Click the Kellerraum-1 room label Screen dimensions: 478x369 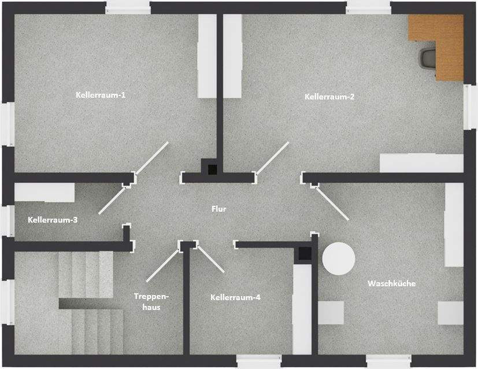[x=101, y=94]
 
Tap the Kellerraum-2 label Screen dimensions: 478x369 [x=329, y=97]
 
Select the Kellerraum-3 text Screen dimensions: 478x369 [x=52, y=220]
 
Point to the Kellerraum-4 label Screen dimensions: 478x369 [x=235, y=297]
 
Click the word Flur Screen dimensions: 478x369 [x=218, y=209]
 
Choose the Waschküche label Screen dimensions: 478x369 [x=391, y=283]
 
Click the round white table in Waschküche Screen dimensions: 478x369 [x=338, y=258]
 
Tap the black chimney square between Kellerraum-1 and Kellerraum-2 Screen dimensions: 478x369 [x=212, y=169]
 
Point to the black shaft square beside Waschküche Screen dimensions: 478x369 [x=303, y=253]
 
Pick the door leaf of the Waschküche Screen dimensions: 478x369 [x=333, y=203]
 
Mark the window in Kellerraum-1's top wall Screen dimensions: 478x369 [x=128, y=7]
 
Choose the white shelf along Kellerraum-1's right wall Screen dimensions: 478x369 [x=206, y=56]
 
